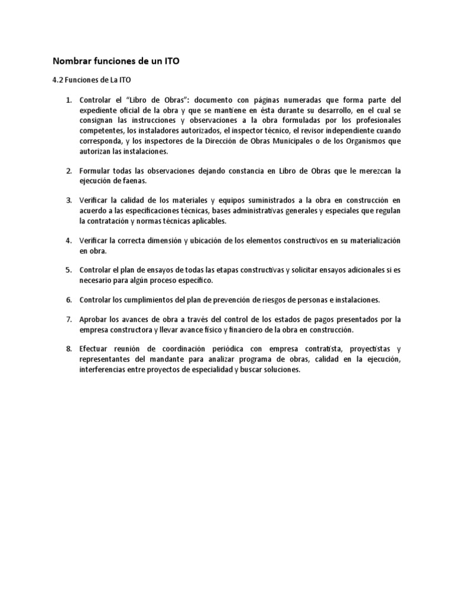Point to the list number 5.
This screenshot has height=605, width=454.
click(69, 270)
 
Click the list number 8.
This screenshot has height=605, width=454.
click(69, 349)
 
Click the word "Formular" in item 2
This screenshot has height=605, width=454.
click(94, 171)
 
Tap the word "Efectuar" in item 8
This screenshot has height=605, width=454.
click(95, 349)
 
